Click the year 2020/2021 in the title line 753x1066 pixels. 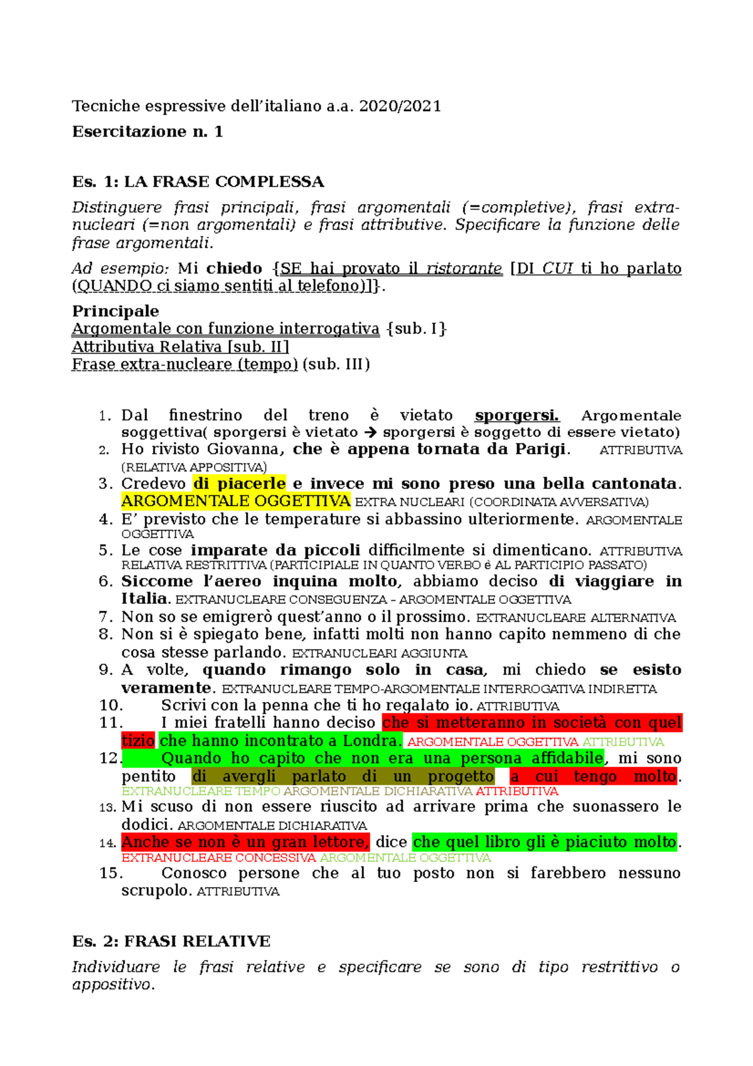[400, 106]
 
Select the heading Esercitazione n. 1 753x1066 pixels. [147, 132]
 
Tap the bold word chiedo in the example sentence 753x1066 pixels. [234, 269]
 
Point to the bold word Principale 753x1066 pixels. [115, 311]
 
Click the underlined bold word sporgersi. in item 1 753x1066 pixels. [516, 416]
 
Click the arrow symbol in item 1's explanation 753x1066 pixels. [370, 433]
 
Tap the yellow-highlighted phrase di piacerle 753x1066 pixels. [239, 484]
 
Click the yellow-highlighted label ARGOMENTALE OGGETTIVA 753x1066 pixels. [236, 501]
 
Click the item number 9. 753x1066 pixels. [105, 670]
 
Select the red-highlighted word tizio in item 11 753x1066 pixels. [138, 741]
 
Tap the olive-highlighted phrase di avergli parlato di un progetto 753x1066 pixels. [343, 777]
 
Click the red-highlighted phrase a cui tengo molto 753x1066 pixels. [593, 777]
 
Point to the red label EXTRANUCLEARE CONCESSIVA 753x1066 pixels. [218, 858]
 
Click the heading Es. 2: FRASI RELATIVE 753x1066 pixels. [171, 942]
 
